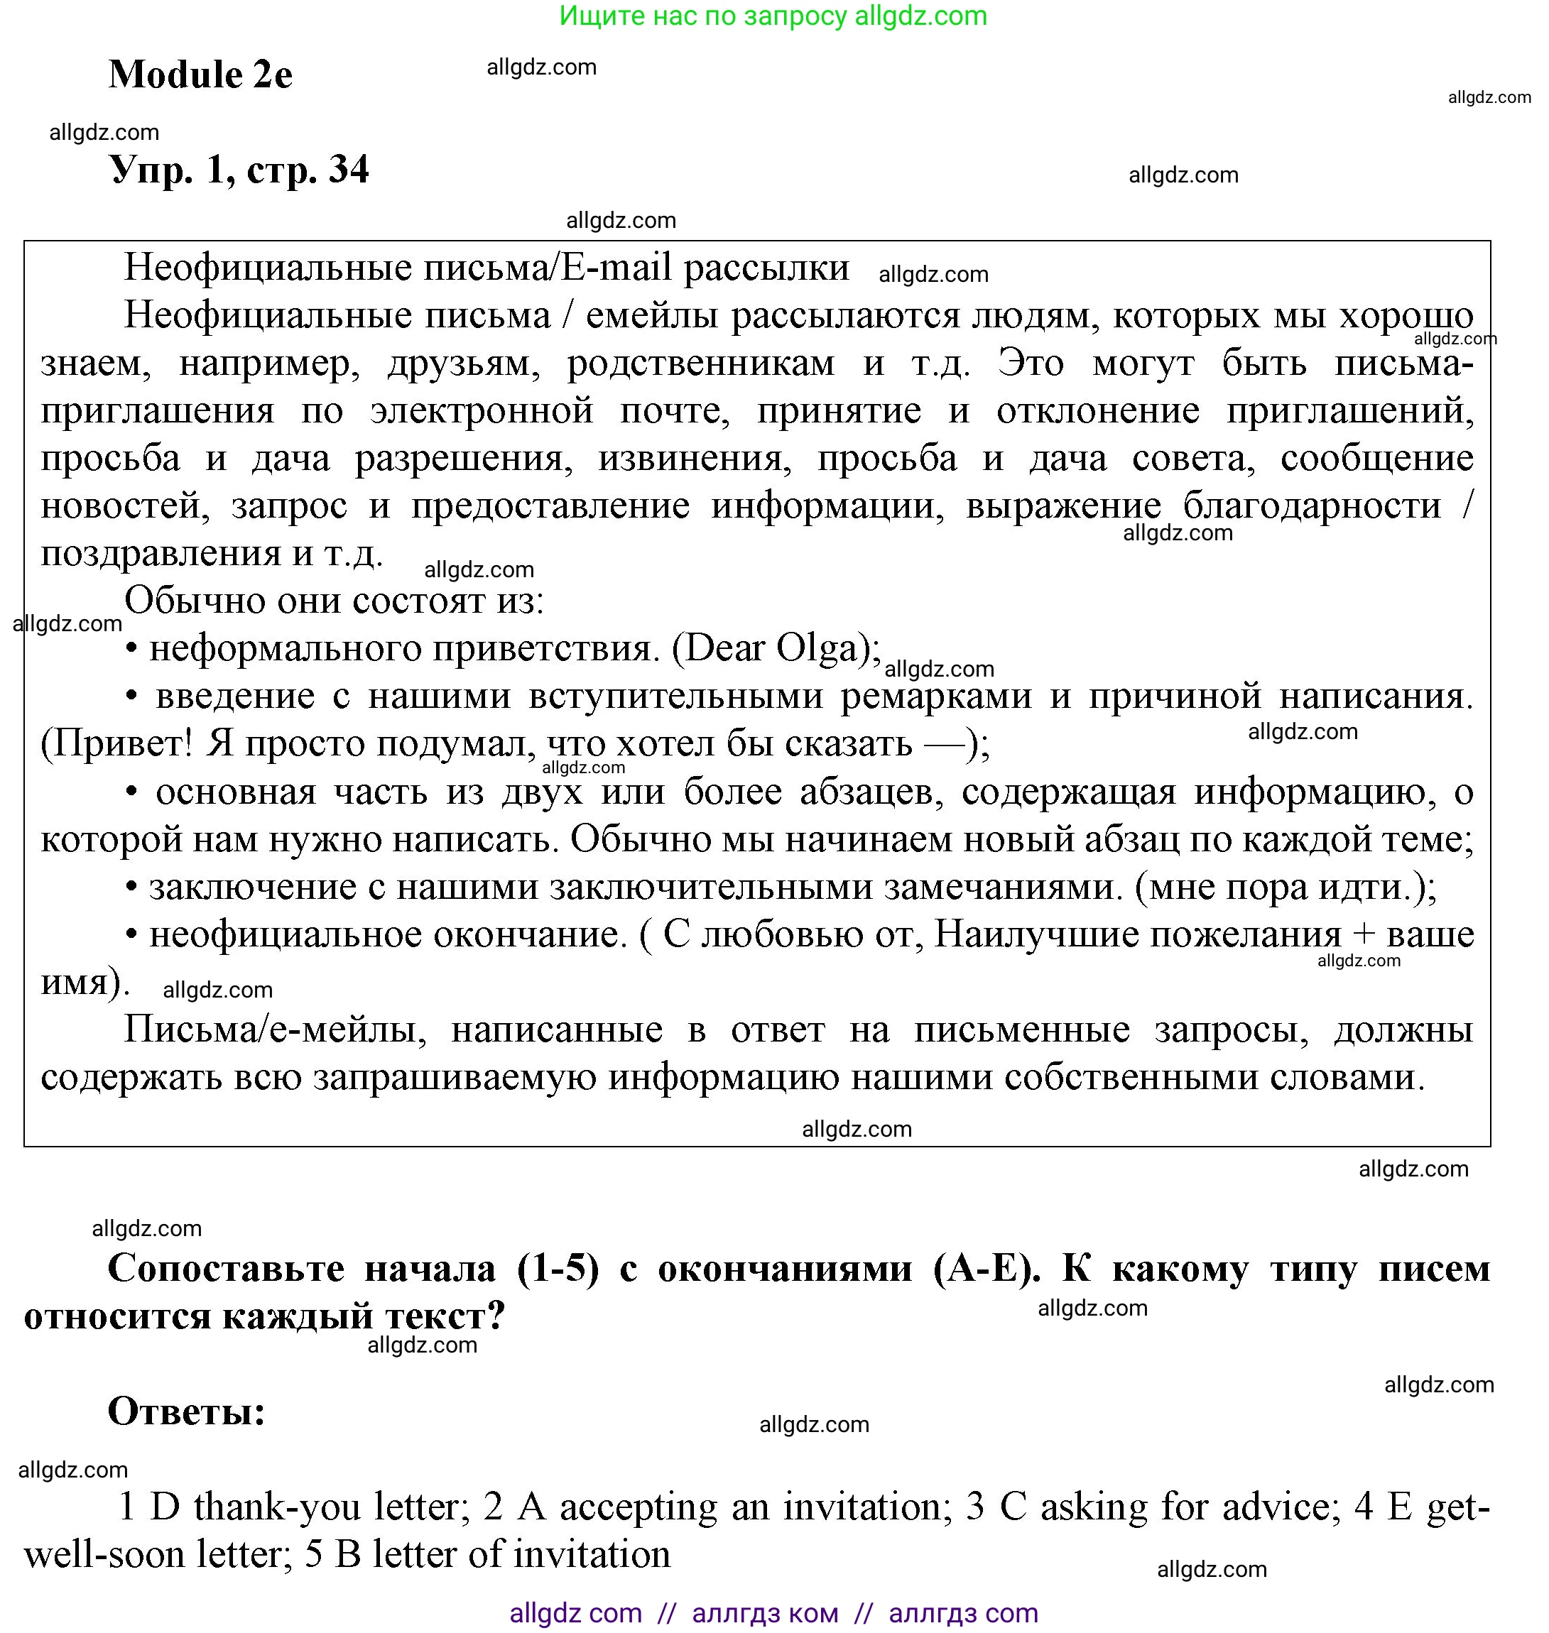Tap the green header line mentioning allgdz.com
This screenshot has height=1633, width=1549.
773,16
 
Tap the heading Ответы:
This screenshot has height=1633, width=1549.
187,1411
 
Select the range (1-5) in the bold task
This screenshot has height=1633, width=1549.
558,1268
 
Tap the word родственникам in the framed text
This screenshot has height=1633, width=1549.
700,364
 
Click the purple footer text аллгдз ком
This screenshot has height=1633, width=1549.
765,1612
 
